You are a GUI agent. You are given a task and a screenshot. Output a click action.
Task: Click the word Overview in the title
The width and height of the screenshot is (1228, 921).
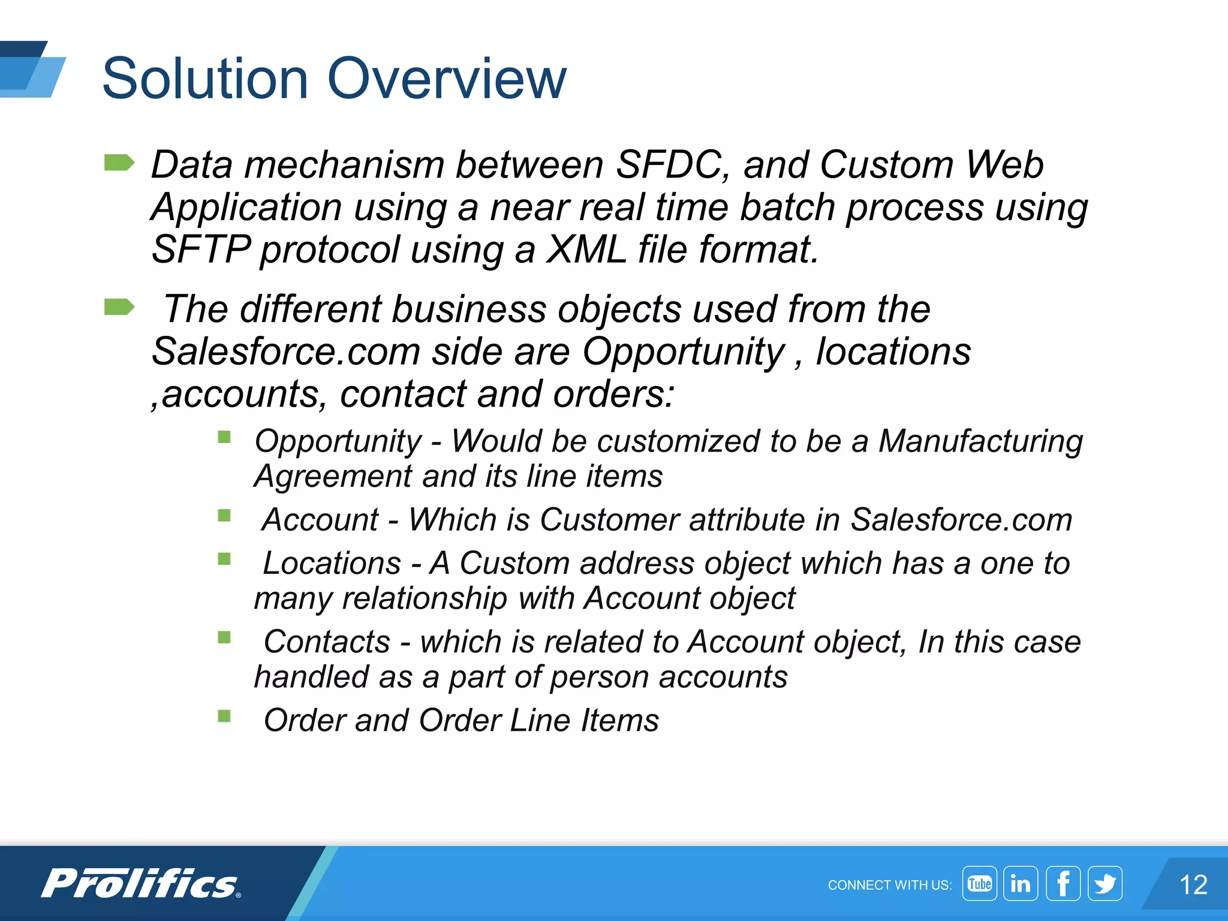click(x=447, y=79)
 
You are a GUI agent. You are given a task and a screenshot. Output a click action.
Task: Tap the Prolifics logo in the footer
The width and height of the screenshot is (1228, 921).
click(x=140, y=884)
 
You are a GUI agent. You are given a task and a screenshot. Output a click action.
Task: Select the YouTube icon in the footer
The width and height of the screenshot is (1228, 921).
click(x=979, y=883)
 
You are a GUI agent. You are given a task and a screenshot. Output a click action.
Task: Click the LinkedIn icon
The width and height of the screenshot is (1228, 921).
click(x=1021, y=883)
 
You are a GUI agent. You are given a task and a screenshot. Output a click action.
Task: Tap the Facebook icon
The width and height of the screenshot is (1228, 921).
click(x=1063, y=883)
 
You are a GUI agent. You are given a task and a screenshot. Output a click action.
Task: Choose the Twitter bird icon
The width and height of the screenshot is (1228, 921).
click(x=1105, y=883)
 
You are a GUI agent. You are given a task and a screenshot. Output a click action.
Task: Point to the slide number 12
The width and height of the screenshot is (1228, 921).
click(x=1193, y=885)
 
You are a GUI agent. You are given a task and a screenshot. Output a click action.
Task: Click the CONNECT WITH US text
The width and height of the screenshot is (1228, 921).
click(x=889, y=885)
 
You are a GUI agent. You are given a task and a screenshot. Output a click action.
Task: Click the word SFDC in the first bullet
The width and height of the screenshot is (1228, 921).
click(x=669, y=165)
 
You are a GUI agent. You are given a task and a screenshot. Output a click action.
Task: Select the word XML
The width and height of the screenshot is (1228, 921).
click(x=586, y=249)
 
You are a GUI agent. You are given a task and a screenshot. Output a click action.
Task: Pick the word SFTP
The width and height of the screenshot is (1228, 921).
click(x=201, y=249)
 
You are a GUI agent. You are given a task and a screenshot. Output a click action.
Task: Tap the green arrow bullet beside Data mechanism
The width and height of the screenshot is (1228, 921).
click(x=119, y=162)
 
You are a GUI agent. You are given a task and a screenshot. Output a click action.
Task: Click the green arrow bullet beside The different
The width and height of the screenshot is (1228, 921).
click(x=119, y=307)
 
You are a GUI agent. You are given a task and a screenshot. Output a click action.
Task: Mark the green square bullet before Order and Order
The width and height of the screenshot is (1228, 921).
click(x=224, y=716)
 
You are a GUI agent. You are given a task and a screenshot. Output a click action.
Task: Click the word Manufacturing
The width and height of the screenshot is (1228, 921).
click(x=980, y=441)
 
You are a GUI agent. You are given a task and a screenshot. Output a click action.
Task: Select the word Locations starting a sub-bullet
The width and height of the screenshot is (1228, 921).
click(x=332, y=564)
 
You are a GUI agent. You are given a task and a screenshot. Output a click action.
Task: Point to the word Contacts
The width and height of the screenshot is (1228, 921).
click(x=327, y=642)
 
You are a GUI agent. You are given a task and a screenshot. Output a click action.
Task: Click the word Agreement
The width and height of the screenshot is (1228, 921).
click(x=333, y=477)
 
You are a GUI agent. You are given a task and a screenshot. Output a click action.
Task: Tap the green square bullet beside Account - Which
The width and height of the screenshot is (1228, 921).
click(x=224, y=516)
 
